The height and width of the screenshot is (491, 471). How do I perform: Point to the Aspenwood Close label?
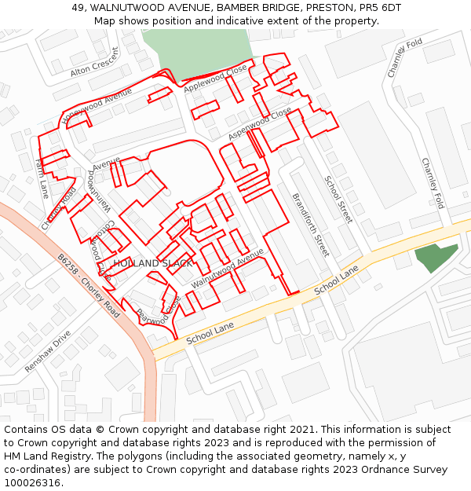[x=260, y=124]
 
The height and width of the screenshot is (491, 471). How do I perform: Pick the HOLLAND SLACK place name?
[x=152, y=263]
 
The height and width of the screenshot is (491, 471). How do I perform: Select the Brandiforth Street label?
[x=310, y=225]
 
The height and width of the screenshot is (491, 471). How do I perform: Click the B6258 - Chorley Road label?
[x=88, y=284]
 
